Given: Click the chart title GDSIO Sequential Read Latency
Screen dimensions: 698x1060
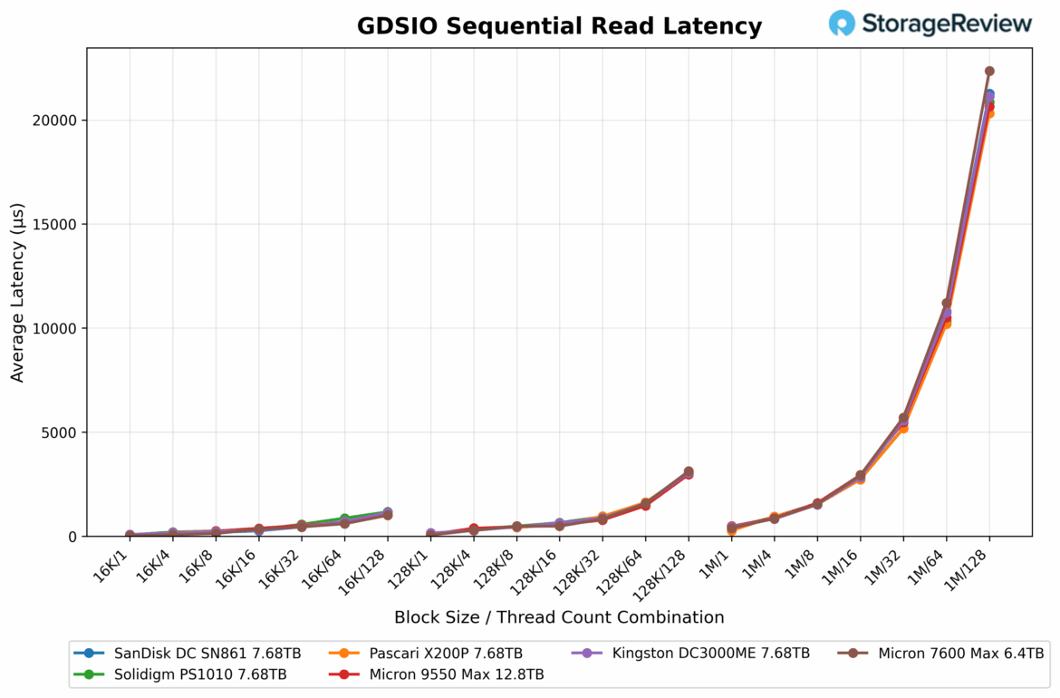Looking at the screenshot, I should (559, 26).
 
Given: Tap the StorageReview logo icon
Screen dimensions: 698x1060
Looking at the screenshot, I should (842, 24).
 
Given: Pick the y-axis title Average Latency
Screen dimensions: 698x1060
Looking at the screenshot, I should (18, 292).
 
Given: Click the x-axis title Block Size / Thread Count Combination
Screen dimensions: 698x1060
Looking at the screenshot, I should (559, 617).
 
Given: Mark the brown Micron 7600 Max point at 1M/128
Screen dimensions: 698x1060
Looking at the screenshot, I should (989, 71).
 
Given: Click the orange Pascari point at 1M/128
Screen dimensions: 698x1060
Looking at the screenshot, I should (989, 113).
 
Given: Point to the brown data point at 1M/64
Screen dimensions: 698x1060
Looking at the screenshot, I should (947, 304).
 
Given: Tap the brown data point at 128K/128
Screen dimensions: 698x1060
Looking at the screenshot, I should (689, 471).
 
